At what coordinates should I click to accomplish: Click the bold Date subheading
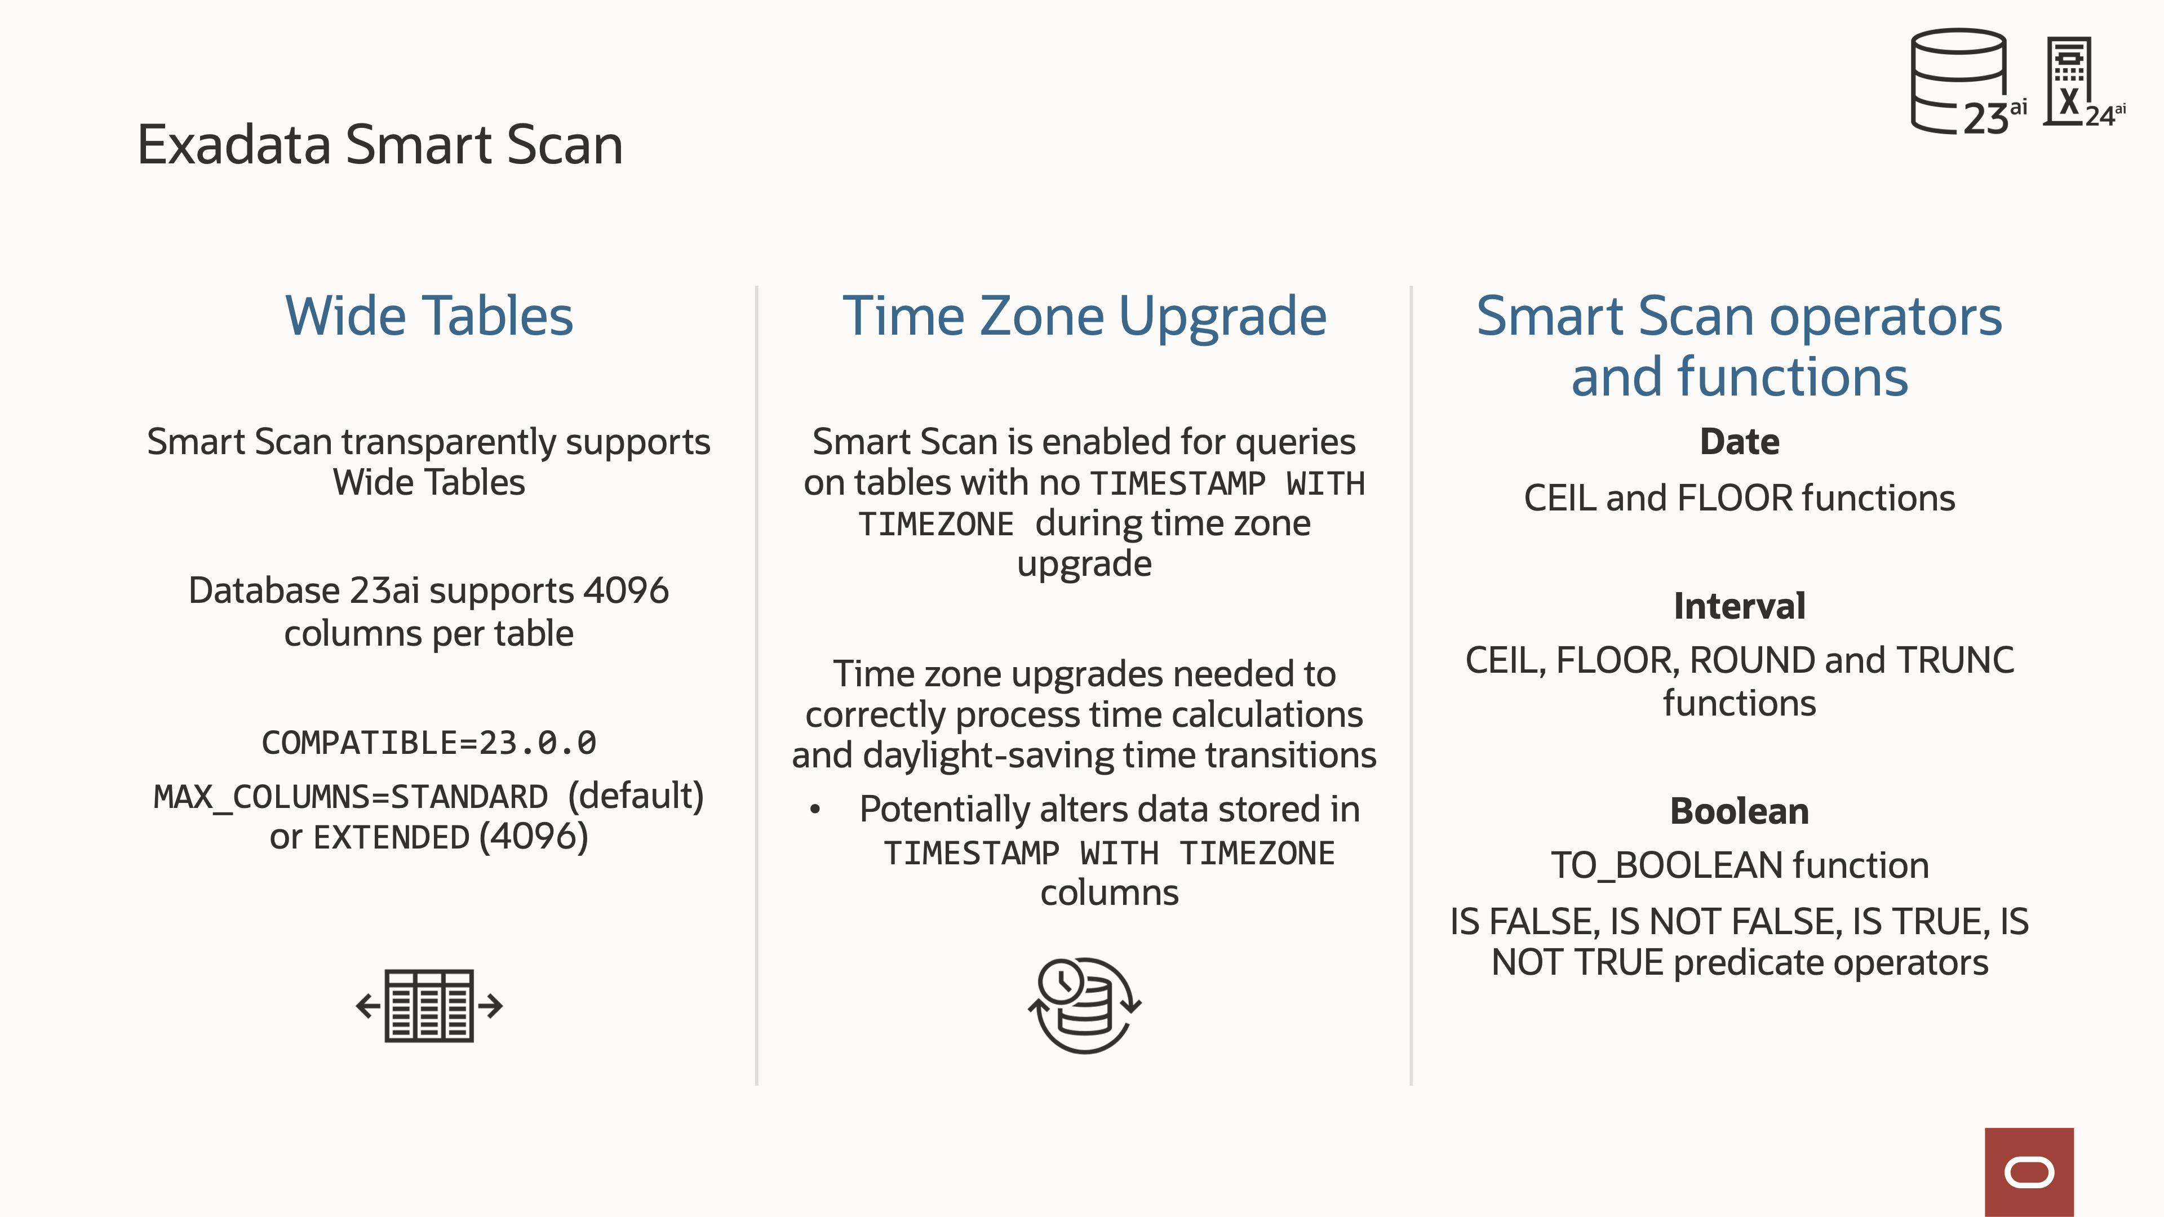pyautogui.click(x=1739, y=442)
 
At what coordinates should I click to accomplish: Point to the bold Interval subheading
pyautogui.click(x=1739, y=606)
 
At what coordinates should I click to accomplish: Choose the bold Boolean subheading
pyautogui.click(x=1739, y=811)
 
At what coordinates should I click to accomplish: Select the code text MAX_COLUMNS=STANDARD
pyautogui.click(x=351, y=796)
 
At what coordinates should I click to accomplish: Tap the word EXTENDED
pyautogui.click(x=392, y=837)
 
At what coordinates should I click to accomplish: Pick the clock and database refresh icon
pyautogui.click(x=1084, y=1005)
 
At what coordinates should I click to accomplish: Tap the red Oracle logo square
pyautogui.click(x=2029, y=1172)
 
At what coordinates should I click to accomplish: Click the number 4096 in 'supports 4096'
pyautogui.click(x=626, y=590)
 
